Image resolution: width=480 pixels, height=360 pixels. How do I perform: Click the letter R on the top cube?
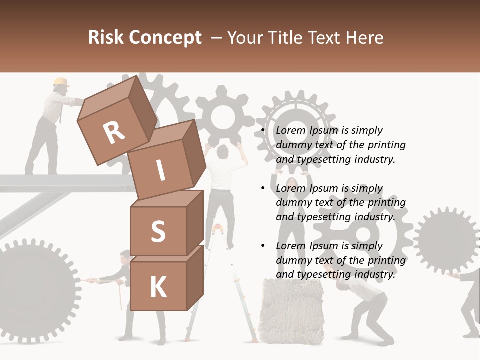114,132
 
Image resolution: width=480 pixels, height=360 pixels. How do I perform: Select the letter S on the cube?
158,231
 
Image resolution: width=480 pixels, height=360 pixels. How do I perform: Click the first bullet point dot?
263,130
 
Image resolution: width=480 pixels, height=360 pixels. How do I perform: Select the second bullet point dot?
263,188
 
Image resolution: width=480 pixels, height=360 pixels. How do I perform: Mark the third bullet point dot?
263,246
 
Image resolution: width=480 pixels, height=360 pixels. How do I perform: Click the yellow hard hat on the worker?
61,82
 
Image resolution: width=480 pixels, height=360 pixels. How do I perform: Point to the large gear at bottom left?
35,290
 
